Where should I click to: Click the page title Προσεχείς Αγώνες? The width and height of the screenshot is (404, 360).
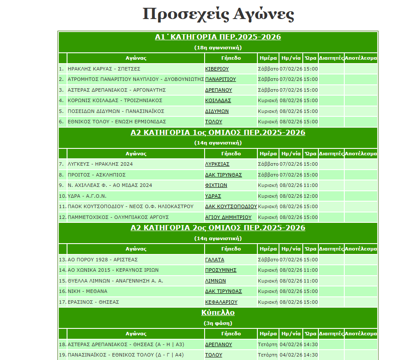tap(218, 14)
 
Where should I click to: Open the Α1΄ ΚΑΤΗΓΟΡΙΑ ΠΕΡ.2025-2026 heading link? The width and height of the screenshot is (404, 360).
tap(218, 37)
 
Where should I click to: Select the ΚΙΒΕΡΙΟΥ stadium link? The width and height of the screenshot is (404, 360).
tap(217, 69)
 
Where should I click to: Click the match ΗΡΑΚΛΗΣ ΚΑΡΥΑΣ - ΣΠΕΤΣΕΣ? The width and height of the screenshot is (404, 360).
tap(104, 69)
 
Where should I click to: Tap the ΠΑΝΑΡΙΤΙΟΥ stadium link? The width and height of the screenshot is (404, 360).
tap(220, 79)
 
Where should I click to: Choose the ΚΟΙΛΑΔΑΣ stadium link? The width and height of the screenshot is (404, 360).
tap(218, 100)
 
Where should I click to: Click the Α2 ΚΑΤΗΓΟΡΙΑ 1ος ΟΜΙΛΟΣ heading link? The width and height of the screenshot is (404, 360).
tap(218, 133)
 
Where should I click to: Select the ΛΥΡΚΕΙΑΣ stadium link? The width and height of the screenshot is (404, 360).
tap(217, 164)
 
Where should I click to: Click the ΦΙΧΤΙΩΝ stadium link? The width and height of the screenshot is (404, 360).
tap(216, 185)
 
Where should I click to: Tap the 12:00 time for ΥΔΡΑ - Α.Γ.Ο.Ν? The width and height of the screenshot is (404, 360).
tap(311, 196)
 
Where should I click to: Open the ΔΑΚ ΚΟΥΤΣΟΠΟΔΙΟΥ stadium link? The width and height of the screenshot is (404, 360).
tap(231, 206)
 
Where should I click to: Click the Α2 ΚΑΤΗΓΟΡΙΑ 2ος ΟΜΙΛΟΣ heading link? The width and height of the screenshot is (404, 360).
tap(218, 228)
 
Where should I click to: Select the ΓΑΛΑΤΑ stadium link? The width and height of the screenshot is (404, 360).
tap(215, 260)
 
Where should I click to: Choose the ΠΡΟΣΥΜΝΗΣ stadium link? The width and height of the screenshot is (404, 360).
tap(221, 270)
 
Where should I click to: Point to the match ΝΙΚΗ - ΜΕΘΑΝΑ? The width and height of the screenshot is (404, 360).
tap(87, 291)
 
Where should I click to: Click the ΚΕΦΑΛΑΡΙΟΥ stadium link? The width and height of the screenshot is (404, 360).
tap(221, 302)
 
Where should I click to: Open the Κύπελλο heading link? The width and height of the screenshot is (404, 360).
tap(218, 312)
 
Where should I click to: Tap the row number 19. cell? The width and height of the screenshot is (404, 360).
tap(62, 355)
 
